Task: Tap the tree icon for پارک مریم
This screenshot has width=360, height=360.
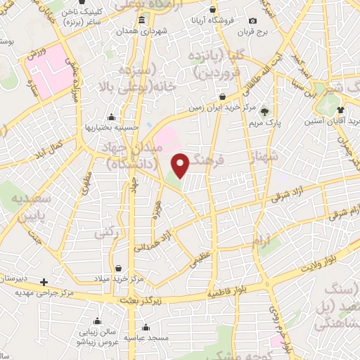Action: coord(264,111)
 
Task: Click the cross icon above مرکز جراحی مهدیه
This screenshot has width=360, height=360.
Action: coord(44,281)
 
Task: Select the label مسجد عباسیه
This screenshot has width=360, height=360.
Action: coord(146,338)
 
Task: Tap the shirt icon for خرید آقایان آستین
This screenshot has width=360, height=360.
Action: coord(341,110)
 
